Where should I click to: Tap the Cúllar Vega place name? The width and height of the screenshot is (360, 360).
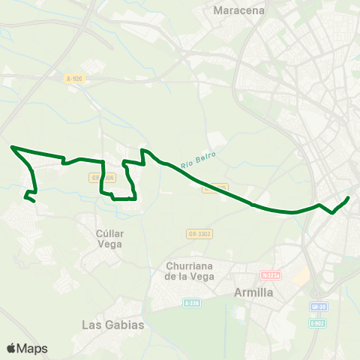(x=109, y=238)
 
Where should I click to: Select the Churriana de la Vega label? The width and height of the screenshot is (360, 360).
(x=190, y=271)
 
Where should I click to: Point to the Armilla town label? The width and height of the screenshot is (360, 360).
(x=253, y=292)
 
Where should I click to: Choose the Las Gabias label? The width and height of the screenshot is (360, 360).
(x=112, y=325)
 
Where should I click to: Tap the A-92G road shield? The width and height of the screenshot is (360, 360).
(x=73, y=78)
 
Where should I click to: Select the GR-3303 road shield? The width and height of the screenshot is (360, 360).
(x=199, y=234)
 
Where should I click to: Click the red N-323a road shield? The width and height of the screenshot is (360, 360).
(x=270, y=275)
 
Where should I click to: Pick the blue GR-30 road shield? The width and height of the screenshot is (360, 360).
(x=318, y=307)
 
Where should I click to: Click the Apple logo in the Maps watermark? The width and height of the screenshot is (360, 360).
(x=11, y=349)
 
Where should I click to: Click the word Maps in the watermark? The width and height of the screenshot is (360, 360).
(x=32, y=349)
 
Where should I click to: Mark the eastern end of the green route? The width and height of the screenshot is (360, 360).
(x=349, y=198)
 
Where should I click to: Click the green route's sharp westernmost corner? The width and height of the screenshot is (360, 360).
(x=12, y=147)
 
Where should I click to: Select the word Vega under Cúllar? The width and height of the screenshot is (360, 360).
(x=109, y=244)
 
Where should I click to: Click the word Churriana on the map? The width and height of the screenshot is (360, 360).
(x=190, y=265)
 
